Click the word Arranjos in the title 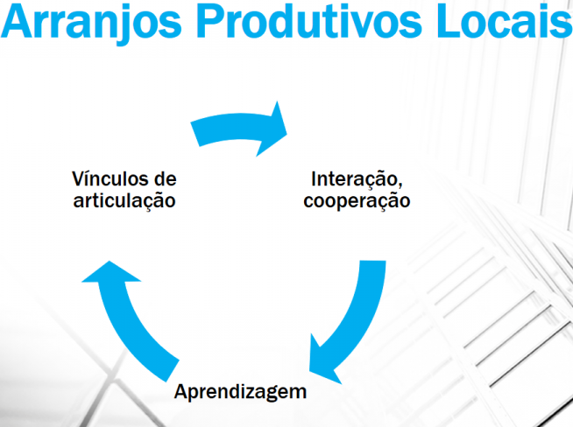click(91, 22)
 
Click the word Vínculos click(110, 178)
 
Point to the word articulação click(124, 201)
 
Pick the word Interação click(354, 179)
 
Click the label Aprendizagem click(240, 393)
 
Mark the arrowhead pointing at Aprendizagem click(324, 361)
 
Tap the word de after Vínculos click(166, 178)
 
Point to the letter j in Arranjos click(126, 24)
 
